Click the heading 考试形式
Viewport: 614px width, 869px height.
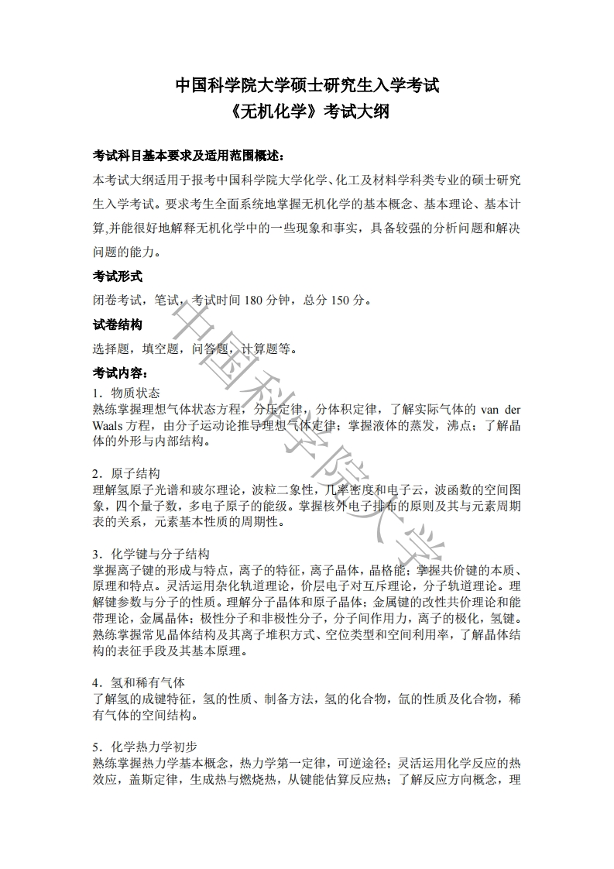118,276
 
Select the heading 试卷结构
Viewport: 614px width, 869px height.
118,325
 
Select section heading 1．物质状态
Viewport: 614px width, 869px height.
126,393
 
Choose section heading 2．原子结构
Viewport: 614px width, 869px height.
126,473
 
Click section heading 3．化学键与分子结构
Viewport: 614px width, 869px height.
150,554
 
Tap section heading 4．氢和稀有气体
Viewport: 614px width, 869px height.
139,682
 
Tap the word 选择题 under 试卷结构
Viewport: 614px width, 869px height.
111,349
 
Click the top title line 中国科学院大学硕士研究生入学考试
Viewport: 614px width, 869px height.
307,86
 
